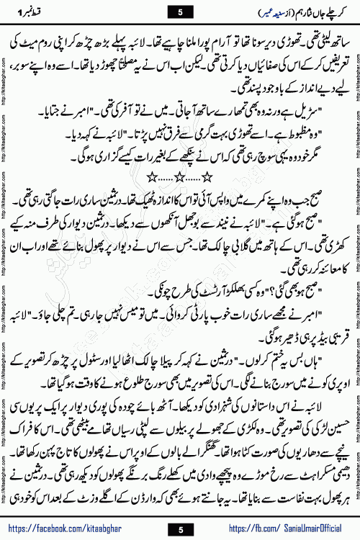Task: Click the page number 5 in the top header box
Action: click(180, 10)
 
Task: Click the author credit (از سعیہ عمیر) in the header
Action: click(251, 10)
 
